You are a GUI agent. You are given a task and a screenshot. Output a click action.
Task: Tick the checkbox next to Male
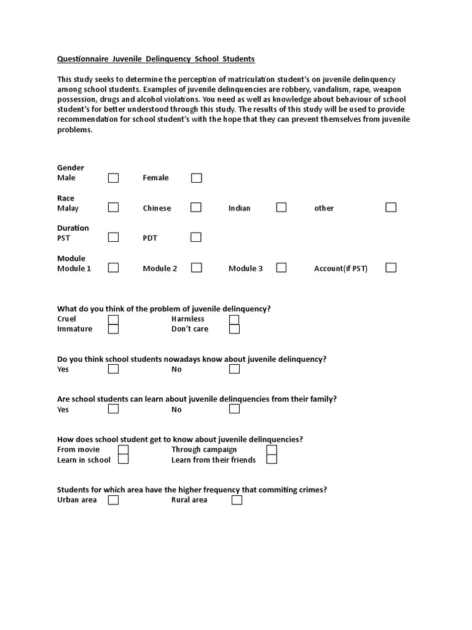click(113, 178)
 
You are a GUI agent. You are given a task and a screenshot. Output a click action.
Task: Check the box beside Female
click(196, 178)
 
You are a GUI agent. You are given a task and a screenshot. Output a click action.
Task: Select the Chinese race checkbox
click(195, 207)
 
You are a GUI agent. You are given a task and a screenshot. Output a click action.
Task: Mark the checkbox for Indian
click(281, 207)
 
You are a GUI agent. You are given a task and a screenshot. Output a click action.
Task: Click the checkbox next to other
click(391, 207)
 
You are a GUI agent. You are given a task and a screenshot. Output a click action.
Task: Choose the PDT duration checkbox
click(195, 237)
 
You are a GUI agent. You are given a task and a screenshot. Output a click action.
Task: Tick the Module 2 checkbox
click(196, 268)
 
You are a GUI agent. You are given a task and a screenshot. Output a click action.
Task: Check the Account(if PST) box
click(391, 268)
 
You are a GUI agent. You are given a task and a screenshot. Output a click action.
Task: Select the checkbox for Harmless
click(234, 319)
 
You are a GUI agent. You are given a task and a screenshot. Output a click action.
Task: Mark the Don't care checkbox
click(234, 329)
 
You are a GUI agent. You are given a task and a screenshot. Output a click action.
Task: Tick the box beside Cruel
click(113, 319)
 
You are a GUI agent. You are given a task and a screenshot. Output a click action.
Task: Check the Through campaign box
click(272, 450)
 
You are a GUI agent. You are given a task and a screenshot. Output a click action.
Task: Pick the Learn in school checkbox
click(124, 460)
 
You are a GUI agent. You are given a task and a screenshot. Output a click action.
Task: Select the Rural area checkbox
click(237, 500)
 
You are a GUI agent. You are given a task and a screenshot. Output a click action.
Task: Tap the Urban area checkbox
click(113, 500)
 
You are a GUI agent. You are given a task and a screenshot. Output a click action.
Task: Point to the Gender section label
click(71, 168)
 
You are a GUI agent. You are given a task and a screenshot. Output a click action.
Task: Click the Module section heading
click(71, 258)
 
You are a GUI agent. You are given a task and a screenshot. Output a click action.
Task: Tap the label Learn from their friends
click(213, 460)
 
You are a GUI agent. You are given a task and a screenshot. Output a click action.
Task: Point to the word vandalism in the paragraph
click(331, 90)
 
